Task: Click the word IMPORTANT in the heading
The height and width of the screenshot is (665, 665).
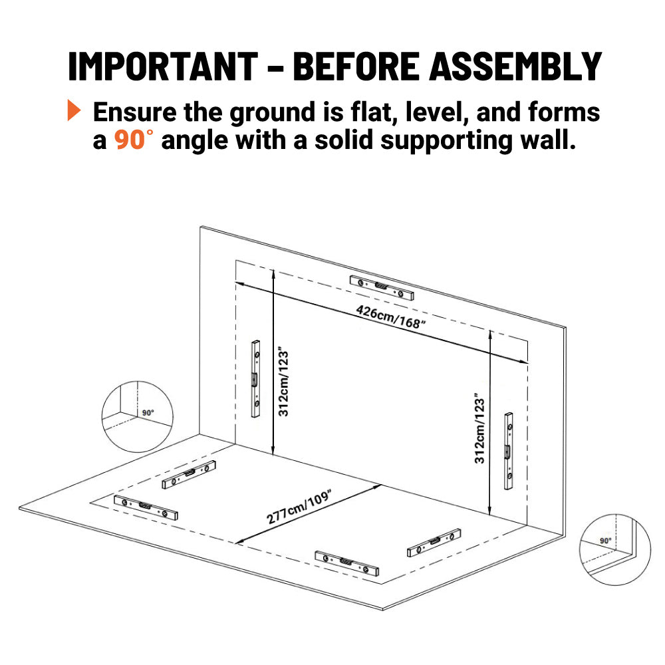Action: (163, 66)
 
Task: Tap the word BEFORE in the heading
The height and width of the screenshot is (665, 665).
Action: (356, 66)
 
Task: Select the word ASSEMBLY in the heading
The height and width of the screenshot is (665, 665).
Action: (515, 66)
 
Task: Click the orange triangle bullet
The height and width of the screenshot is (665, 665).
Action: (74, 110)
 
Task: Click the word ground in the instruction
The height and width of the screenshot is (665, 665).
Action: (272, 113)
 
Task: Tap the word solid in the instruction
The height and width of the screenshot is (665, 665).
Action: (344, 140)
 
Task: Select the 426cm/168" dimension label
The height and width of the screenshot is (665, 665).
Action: (390, 317)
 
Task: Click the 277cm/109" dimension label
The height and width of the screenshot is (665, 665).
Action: (299, 506)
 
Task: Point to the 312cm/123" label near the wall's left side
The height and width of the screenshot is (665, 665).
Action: (283, 383)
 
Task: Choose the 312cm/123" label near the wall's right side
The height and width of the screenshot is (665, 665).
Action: (479, 428)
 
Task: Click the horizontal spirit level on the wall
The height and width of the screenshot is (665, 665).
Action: (381, 287)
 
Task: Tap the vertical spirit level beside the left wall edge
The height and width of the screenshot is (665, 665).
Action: (255, 379)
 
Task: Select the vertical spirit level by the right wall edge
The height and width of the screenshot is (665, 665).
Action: (509, 451)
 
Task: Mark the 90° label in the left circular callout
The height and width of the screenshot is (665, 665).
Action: (148, 413)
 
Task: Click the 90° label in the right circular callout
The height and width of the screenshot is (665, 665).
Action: (606, 541)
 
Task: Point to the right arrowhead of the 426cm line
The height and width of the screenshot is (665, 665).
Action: (524, 361)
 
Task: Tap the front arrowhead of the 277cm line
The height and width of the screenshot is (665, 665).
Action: (240, 541)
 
